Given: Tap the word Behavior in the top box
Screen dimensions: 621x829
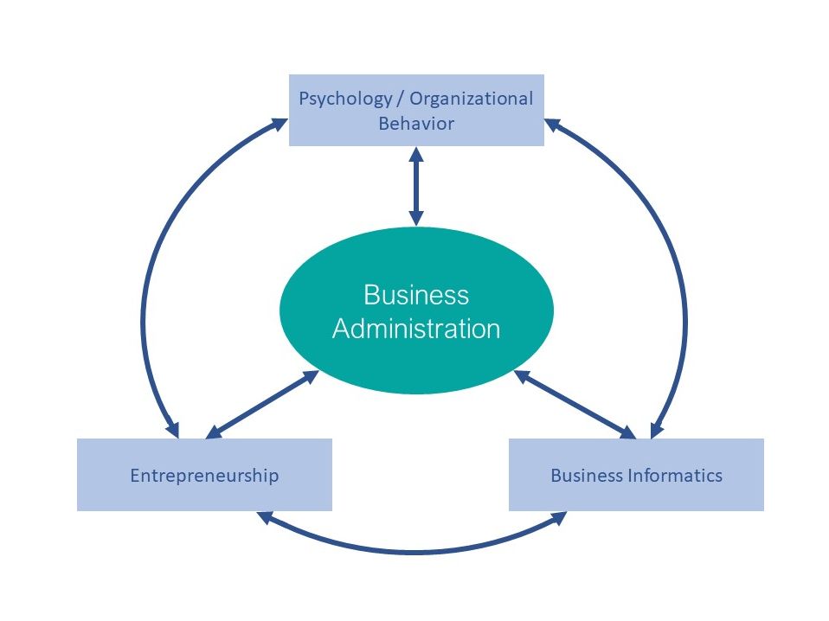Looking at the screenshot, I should tap(415, 123).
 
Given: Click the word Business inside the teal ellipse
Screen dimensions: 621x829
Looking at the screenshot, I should tap(415, 295).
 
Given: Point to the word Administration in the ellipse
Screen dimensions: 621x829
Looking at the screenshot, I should tap(415, 329).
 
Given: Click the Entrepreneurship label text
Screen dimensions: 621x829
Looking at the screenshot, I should tap(204, 475).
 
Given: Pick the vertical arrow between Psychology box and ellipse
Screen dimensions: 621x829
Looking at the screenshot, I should tap(416, 186).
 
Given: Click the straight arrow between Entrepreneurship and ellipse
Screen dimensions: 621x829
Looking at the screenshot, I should tap(262, 404).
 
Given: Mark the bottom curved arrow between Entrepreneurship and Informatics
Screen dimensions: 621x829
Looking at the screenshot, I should tap(415, 551).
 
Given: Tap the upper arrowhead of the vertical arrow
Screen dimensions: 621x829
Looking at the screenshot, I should tap(416, 154).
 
